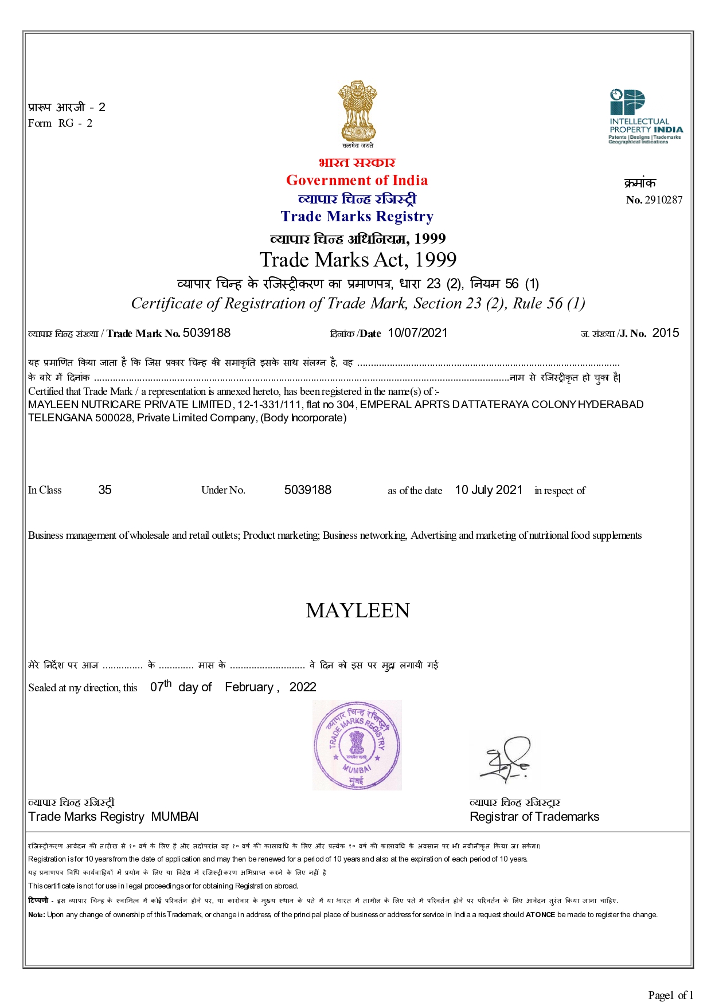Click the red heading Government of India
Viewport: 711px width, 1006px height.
pyautogui.click(x=357, y=181)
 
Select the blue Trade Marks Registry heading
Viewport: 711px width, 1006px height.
pyautogui.click(x=357, y=217)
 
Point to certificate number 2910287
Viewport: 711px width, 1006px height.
pyautogui.click(x=663, y=200)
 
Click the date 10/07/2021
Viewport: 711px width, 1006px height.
pyautogui.click(x=417, y=333)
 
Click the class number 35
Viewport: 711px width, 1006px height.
pyautogui.click(x=105, y=490)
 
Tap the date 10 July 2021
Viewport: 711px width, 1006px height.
pyautogui.click(x=489, y=490)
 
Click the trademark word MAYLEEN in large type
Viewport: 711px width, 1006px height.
pyautogui.click(x=358, y=611)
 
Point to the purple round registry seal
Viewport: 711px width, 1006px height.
pyautogui.click(x=357, y=745)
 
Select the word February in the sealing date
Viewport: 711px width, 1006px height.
pyautogui.click(x=249, y=687)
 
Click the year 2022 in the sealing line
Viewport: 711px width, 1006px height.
pyautogui.click(x=303, y=687)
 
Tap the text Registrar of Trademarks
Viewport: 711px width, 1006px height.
pyautogui.click(x=534, y=817)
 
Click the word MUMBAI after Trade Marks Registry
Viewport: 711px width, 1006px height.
pyautogui.click(x=175, y=817)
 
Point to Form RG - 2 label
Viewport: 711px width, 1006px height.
pyautogui.click(x=60, y=123)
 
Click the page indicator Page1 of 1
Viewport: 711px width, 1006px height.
pyautogui.click(x=670, y=995)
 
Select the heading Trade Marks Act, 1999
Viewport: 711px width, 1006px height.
pyautogui.click(x=358, y=260)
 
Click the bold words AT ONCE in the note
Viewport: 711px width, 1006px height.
pyautogui.click(x=540, y=915)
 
